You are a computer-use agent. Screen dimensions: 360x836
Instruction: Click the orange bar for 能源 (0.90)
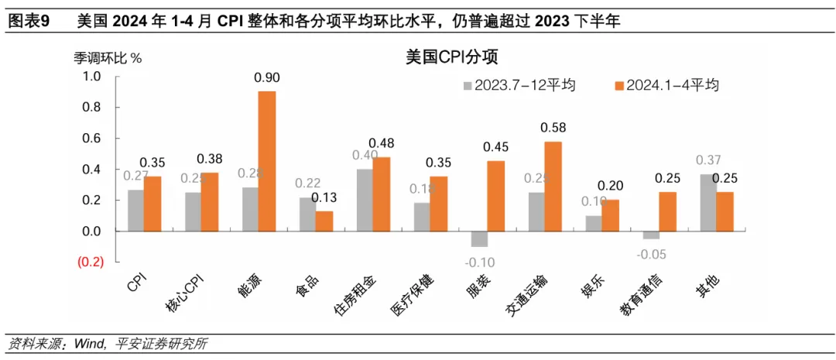(x=266, y=161)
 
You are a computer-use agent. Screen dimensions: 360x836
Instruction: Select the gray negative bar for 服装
(x=479, y=238)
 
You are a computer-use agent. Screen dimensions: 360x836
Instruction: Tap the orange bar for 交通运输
(x=553, y=186)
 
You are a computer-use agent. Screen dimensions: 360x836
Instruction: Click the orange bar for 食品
(x=324, y=221)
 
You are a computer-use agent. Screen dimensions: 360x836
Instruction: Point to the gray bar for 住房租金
(x=365, y=200)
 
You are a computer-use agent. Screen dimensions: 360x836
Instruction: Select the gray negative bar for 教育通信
(x=650, y=235)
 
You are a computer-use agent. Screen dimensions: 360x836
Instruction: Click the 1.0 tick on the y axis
(x=92, y=76)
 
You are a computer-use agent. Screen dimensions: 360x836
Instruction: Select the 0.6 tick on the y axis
(x=92, y=138)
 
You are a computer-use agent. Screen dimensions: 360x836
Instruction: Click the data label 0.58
(x=553, y=127)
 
